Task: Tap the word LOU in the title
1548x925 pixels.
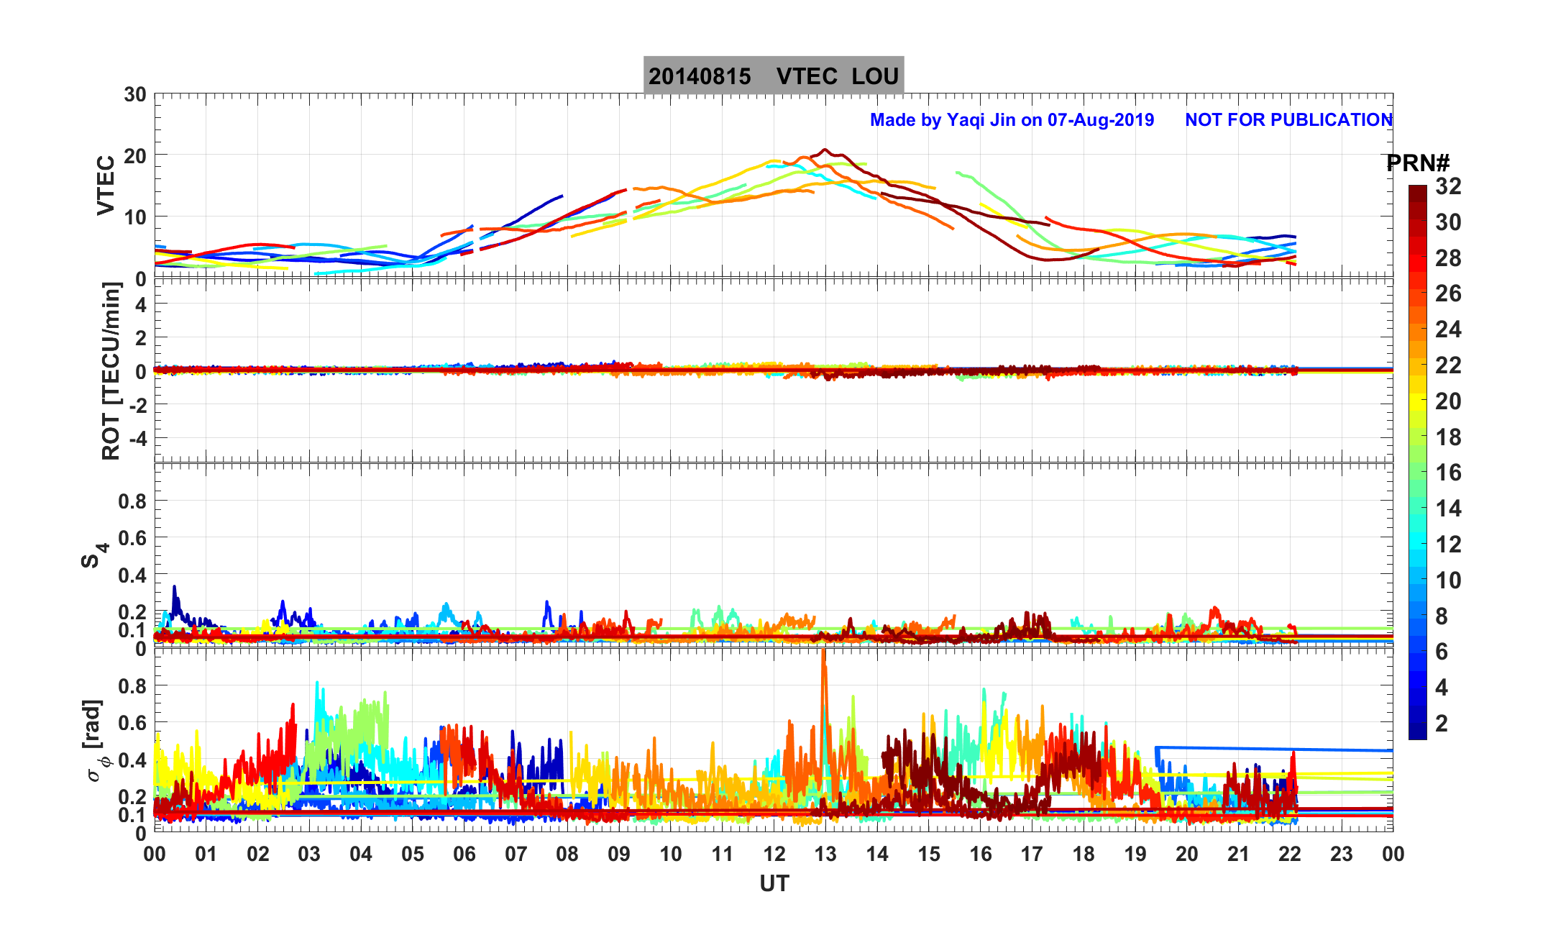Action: [x=875, y=76]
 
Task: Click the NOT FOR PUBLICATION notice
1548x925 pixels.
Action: [x=1288, y=119]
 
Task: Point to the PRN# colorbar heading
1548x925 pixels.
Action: [x=1418, y=163]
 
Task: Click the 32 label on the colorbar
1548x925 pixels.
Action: [x=1448, y=186]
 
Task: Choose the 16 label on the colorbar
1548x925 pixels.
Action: [x=1448, y=473]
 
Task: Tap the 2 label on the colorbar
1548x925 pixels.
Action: [x=1442, y=723]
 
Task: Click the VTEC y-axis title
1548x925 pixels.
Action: [x=106, y=185]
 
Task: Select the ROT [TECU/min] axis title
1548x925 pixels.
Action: [x=111, y=370]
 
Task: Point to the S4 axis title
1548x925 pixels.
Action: [x=93, y=555]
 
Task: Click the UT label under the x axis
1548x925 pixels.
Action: [x=774, y=883]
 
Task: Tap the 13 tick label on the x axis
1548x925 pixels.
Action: [x=825, y=854]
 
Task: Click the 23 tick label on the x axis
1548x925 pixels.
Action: [x=1342, y=854]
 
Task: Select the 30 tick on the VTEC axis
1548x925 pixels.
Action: [x=134, y=95]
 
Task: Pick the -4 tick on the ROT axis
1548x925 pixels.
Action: [x=136, y=438]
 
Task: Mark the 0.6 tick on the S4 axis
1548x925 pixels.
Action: [x=132, y=537]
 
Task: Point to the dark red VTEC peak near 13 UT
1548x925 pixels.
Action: [x=825, y=150]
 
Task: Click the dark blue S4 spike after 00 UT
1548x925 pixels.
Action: [x=174, y=591]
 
